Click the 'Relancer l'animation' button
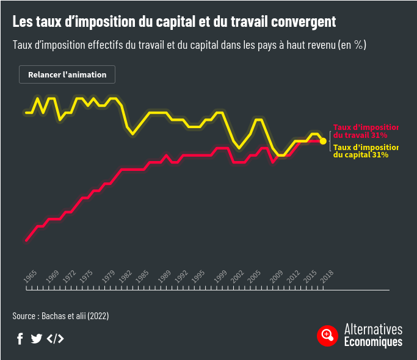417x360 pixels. pyautogui.click(x=67, y=74)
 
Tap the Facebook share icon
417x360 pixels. pyautogui.click(x=20, y=339)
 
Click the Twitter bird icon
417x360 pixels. pyautogui.click(x=36, y=339)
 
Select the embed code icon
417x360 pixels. pyautogui.click(x=55, y=339)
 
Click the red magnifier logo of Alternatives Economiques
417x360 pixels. pyautogui.click(x=328, y=335)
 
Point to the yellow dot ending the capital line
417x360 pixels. pyautogui.click(x=323, y=141)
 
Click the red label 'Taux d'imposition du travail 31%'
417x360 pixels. pyautogui.click(x=365, y=131)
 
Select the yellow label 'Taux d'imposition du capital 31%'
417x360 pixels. pyautogui.click(x=365, y=151)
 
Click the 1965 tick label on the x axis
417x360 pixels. pyautogui.click(x=30, y=276)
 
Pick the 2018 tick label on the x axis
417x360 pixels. pyautogui.click(x=327, y=276)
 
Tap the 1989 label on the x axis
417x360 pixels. pyautogui.click(x=164, y=276)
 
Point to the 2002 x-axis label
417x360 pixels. pyautogui.click(x=237, y=276)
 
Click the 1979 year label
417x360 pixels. pyautogui.click(x=108, y=276)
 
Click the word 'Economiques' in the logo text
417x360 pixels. pyautogui.click(x=373, y=342)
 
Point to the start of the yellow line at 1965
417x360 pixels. pyautogui.click(x=26, y=112)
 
